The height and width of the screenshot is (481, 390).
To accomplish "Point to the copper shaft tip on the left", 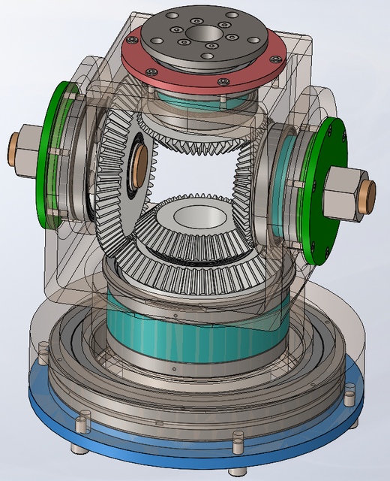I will click(12, 141).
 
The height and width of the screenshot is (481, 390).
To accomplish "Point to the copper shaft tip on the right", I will click(367, 196).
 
